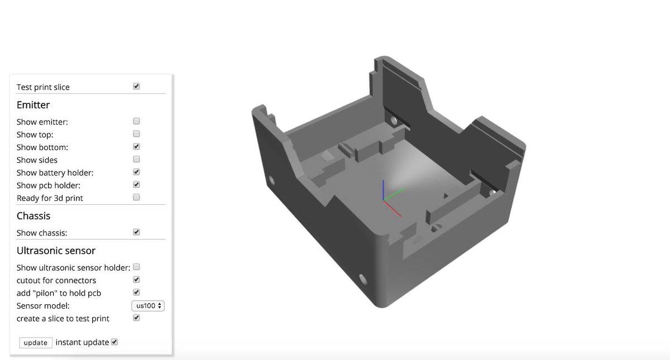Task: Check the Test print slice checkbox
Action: point(136,87)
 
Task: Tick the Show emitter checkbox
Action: point(136,121)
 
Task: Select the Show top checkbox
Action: point(136,134)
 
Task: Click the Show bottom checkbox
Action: point(136,147)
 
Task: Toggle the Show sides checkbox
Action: point(136,160)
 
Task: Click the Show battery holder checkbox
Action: point(136,172)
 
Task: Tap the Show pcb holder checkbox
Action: point(136,185)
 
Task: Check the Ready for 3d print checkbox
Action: point(136,198)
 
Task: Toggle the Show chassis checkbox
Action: point(136,232)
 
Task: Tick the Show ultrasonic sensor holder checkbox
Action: point(136,267)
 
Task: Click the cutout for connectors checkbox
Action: point(136,280)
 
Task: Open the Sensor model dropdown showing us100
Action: point(148,306)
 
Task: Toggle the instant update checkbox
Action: point(114,342)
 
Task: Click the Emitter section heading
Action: point(33,105)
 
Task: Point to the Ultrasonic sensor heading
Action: point(56,251)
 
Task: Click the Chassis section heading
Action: point(33,216)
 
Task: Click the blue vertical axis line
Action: point(383,190)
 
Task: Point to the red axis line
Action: point(393,208)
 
